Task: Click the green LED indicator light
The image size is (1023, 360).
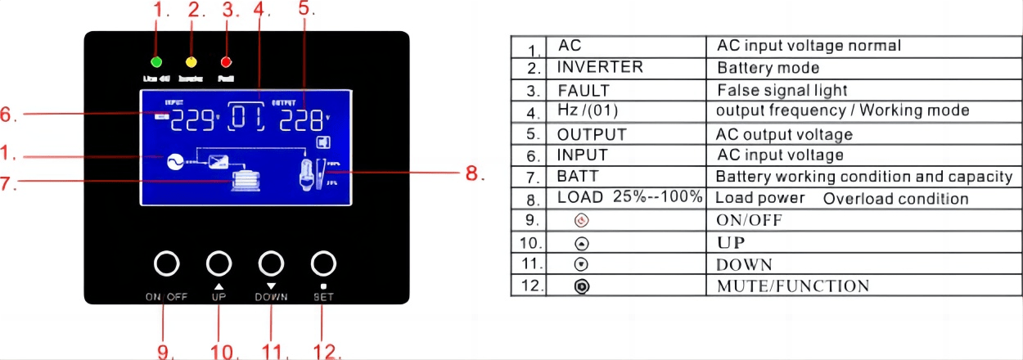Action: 156,62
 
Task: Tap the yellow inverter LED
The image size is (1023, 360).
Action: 192,62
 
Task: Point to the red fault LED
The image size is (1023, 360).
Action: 227,62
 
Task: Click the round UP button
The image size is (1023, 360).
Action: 219,263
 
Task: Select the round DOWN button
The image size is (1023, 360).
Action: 272,263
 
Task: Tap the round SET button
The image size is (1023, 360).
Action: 324,263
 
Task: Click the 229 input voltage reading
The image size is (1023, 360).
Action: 190,120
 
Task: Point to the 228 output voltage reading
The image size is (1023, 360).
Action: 300,120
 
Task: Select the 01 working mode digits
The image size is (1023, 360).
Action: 246,120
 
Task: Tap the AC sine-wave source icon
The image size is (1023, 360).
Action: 174,161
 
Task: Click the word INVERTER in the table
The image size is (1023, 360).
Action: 600,67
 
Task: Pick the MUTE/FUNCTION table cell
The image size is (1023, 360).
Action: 792,286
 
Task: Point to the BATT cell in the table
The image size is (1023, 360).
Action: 578,176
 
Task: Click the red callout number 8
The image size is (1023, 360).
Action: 475,173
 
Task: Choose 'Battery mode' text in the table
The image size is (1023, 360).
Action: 768,68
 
